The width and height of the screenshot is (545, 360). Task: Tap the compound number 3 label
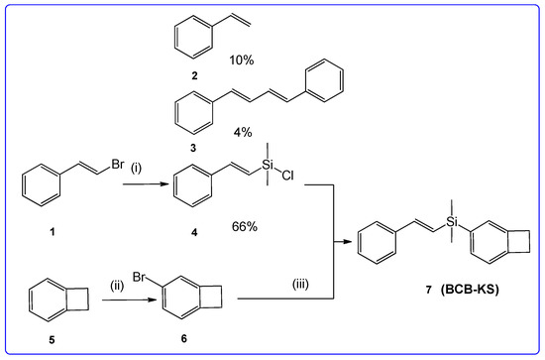(190, 144)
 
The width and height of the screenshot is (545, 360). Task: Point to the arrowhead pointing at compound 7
(350, 238)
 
